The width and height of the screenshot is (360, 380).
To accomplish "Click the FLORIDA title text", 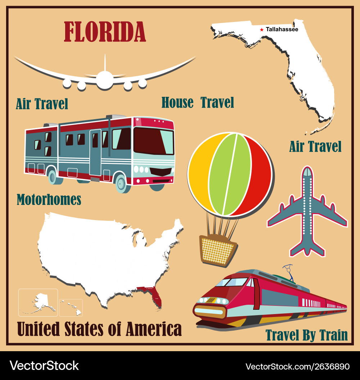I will click(x=105, y=32).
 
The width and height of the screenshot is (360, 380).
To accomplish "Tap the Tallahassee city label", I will click(x=282, y=30).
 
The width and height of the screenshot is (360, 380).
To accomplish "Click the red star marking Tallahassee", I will click(x=262, y=30).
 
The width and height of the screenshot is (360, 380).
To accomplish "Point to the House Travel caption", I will click(x=198, y=103).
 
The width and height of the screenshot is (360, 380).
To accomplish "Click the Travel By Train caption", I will click(x=307, y=335).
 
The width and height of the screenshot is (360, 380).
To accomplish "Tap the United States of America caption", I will click(x=99, y=329).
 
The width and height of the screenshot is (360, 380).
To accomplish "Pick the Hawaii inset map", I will click(x=71, y=308).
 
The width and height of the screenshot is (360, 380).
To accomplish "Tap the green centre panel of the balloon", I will click(x=230, y=174).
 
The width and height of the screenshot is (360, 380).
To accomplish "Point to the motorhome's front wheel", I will click(x=121, y=183).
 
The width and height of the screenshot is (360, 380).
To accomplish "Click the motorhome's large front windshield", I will click(x=153, y=141).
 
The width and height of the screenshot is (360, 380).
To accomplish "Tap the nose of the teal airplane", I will click(x=307, y=171).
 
